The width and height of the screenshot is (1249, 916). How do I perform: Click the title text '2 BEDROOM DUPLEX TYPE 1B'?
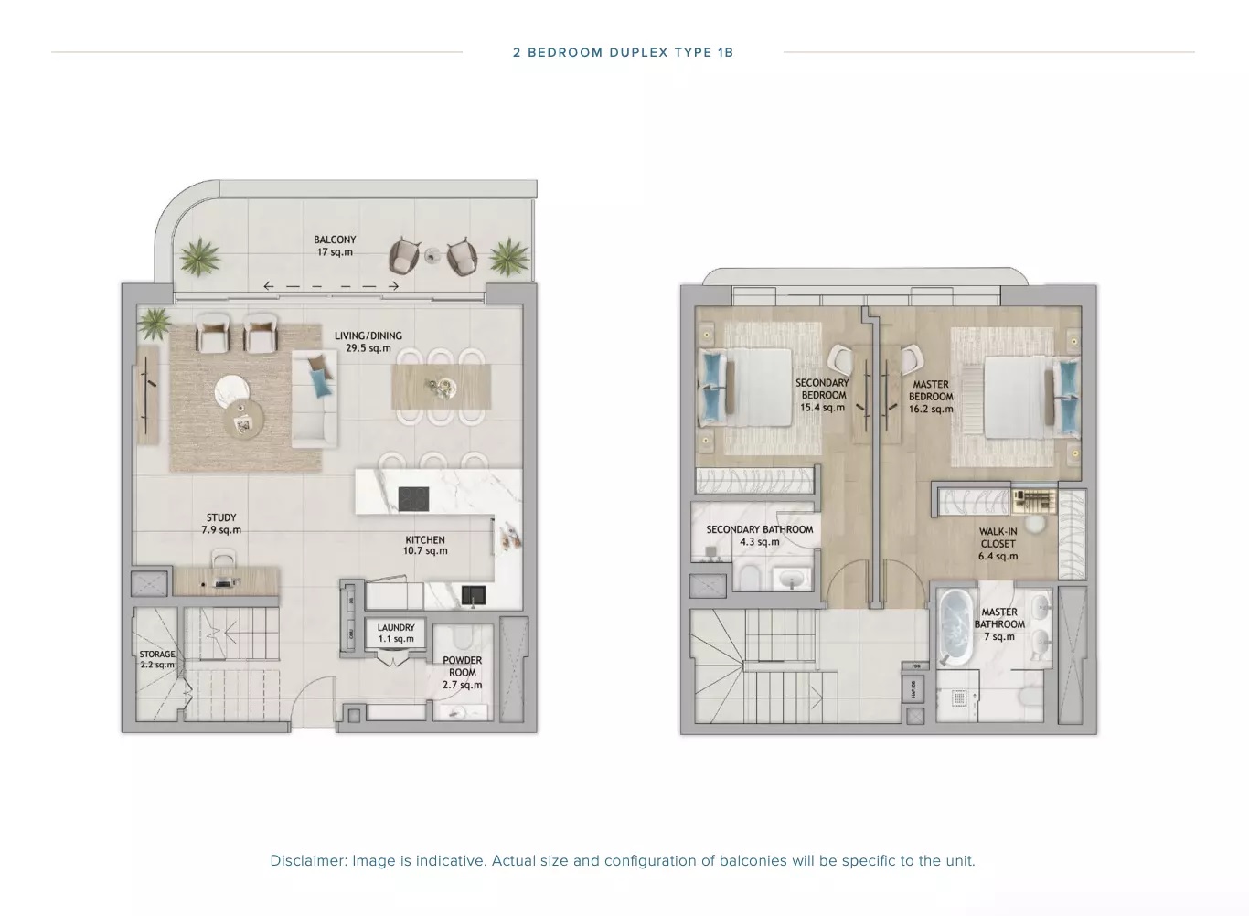(623, 52)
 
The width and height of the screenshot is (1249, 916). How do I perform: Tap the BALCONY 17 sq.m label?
(335, 246)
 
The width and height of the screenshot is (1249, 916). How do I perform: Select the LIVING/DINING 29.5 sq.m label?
(368, 342)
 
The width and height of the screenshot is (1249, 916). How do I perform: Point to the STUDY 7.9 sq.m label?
(221, 524)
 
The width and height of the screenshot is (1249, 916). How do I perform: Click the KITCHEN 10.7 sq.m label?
(425, 546)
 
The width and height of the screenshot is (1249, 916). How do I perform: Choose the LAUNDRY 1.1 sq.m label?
(396, 633)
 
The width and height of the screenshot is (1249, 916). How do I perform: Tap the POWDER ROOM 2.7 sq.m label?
(462, 672)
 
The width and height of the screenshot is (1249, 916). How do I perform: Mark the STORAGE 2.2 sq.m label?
(157, 659)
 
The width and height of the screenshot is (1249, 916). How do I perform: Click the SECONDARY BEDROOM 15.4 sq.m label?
(822, 395)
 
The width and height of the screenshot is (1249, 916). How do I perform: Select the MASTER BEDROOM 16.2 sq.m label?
(931, 397)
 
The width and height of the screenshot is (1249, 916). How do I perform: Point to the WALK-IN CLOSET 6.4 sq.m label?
(998, 543)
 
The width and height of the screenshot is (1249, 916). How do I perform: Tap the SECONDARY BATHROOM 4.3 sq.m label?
(759, 535)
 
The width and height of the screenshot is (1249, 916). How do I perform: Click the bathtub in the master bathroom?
(955, 627)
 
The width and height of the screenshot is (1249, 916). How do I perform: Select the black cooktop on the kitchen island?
(413, 500)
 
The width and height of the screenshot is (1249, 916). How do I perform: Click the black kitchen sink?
(474, 595)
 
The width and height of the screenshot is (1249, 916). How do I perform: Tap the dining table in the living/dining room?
(439, 387)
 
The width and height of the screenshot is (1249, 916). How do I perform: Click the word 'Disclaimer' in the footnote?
(307, 860)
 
